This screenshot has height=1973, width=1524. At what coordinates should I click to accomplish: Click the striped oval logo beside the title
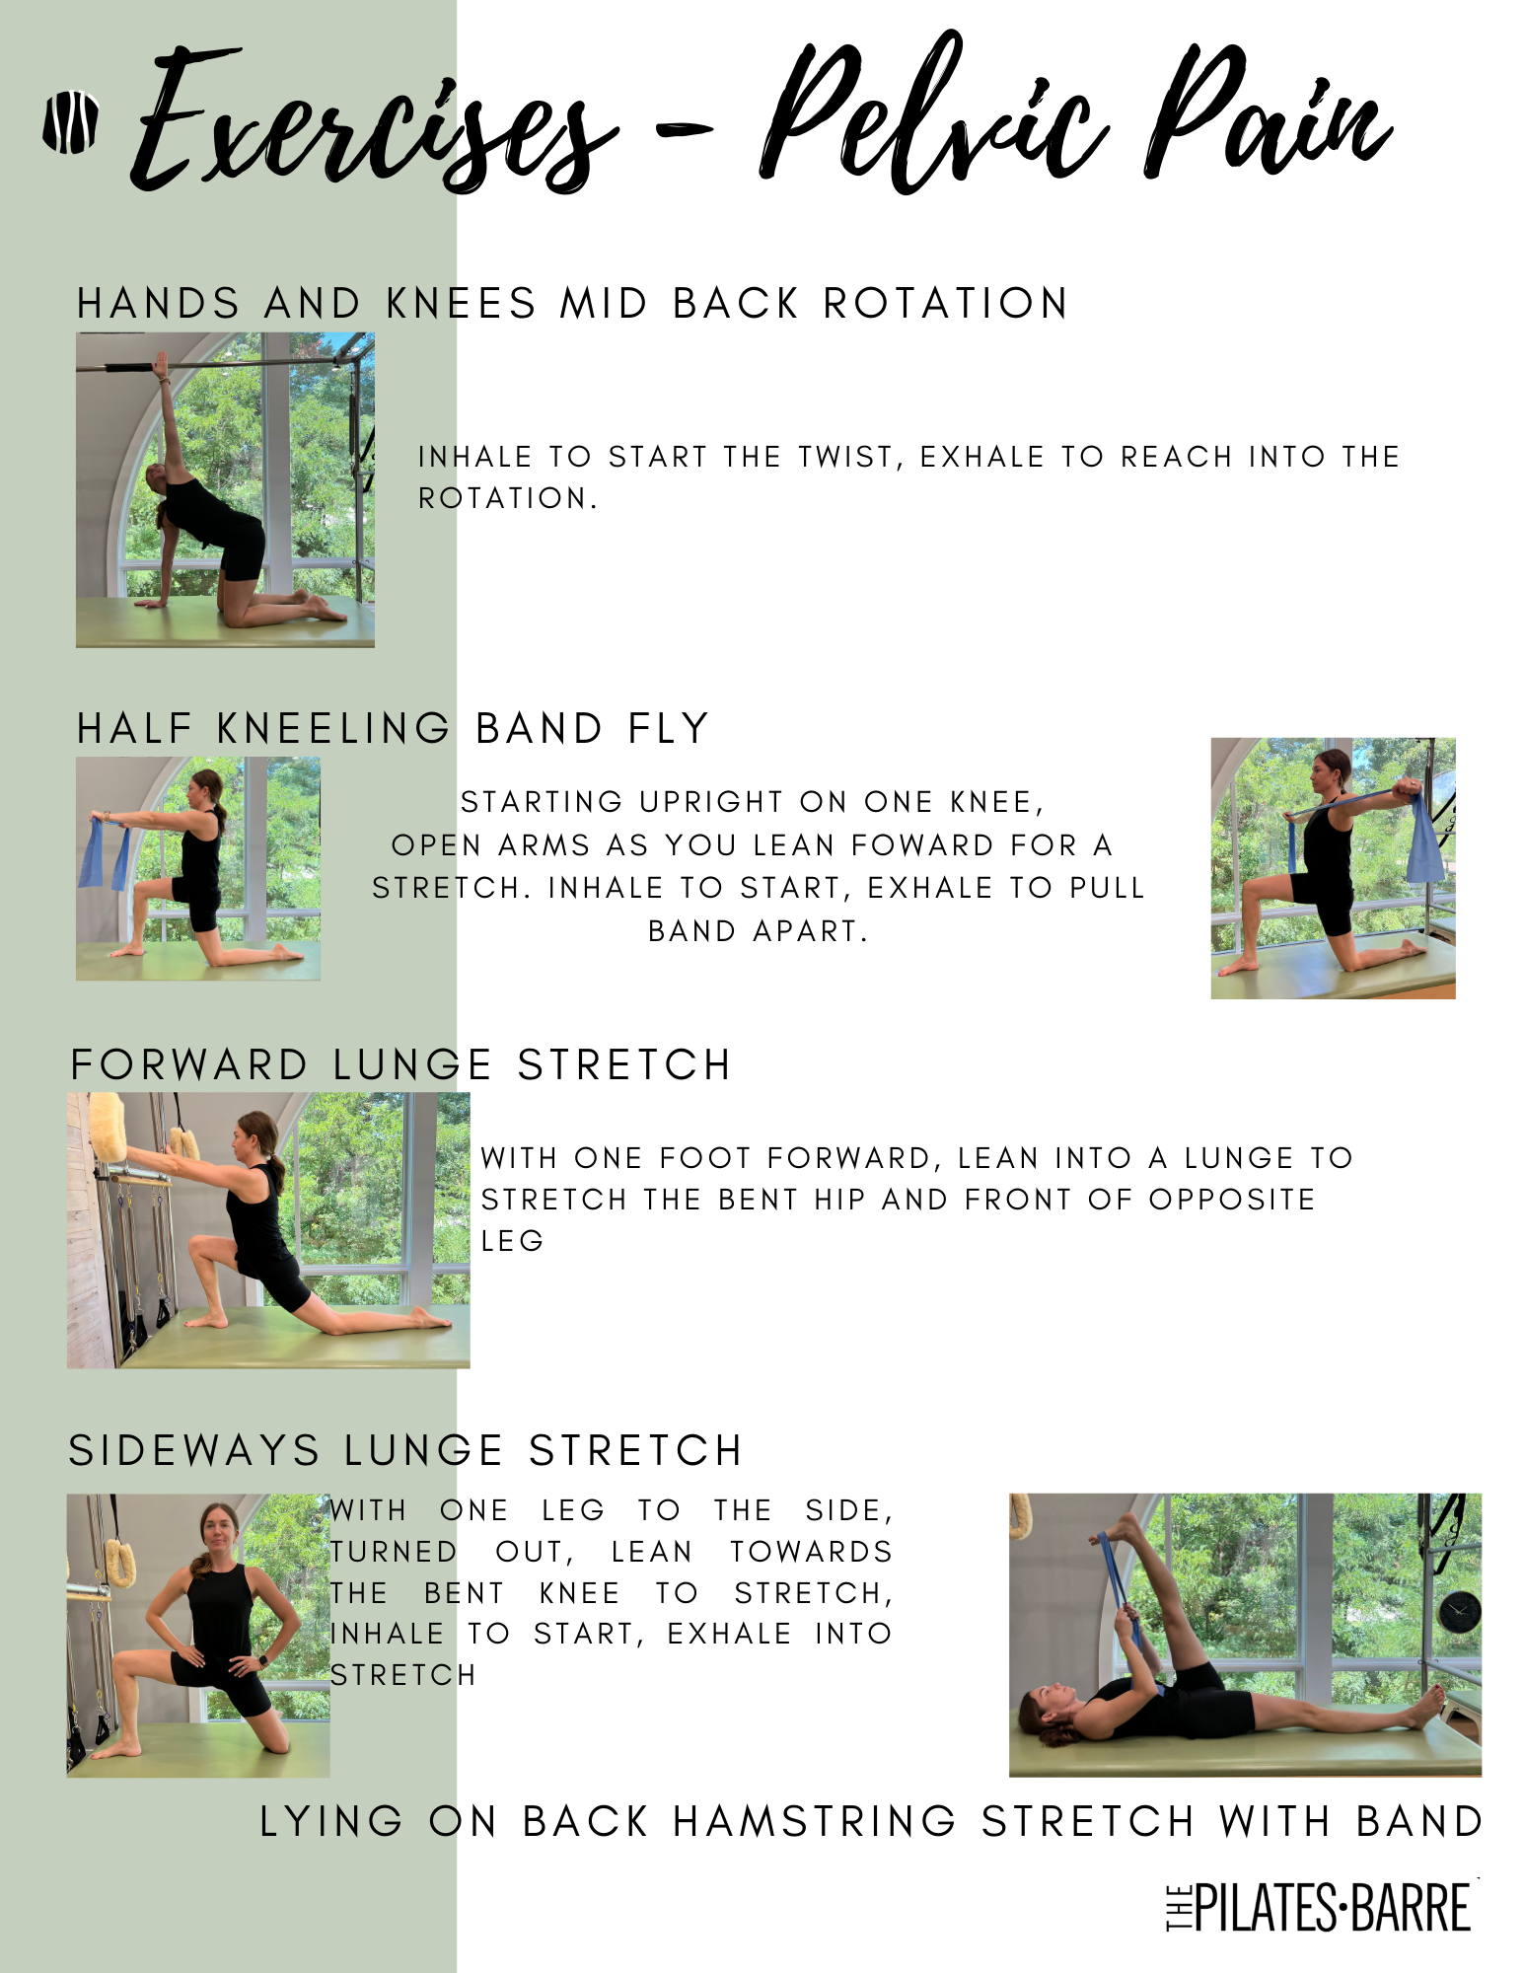[x=70, y=122]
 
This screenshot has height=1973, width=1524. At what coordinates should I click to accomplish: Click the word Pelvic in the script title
[x=931, y=116]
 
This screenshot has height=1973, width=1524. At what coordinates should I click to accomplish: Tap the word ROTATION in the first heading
[x=946, y=303]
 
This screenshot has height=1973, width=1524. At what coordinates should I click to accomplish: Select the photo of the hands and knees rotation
[x=225, y=489]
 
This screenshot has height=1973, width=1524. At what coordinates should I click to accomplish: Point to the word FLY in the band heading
[x=669, y=729]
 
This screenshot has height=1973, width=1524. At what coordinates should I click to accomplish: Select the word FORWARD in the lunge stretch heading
[x=189, y=1065]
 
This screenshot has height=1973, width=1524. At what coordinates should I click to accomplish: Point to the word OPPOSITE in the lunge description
[x=1232, y=1200]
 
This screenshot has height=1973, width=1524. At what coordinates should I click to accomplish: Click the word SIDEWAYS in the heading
[x=194, y=1451]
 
